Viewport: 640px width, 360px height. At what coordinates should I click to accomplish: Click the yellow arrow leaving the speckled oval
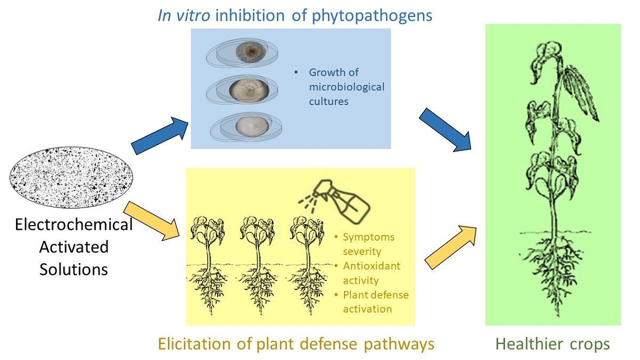coord(157,220)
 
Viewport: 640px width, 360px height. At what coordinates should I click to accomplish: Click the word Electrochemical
coord(74,225)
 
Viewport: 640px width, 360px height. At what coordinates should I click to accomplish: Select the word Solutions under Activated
coord(74,269)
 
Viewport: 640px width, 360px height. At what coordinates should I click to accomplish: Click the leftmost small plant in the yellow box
coord(209,261)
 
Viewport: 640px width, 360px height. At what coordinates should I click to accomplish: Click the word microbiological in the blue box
coord(346,87)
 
